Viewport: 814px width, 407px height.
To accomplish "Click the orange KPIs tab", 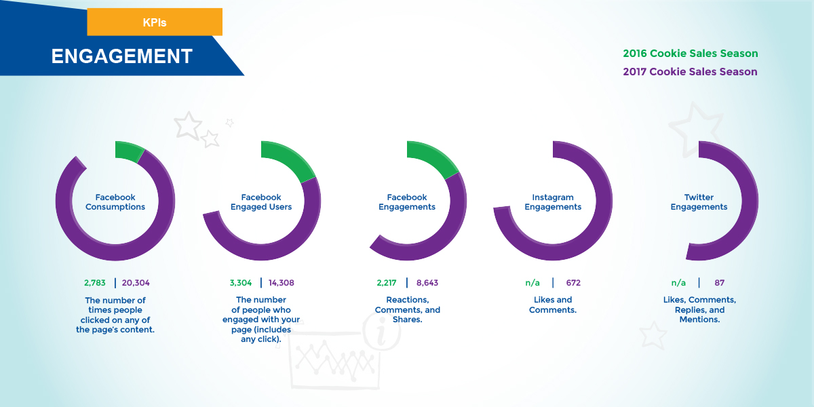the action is [x=155, y=22].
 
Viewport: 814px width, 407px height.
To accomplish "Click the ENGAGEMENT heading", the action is [x=121, y=56].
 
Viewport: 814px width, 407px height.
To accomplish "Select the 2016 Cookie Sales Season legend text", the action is [x=691, y=54].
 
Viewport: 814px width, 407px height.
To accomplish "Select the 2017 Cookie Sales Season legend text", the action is [x=690, y=72].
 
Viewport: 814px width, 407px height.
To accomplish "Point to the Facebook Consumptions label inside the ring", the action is [x=115, y=202].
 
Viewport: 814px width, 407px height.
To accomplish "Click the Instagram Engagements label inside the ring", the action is [x=553, y=202].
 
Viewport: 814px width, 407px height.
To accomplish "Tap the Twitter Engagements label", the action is [x=699, y=202].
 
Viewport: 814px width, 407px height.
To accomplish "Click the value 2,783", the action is [x=95, y=283].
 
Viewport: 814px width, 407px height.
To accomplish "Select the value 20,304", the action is [x=136, y=283].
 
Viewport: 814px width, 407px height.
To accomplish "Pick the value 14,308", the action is [x=282, y=283].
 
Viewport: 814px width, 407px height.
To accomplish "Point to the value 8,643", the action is [x=427, y=283].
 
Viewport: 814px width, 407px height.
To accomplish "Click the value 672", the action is [x=573, y=283].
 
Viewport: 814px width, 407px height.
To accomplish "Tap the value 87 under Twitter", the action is [x=720, y=283].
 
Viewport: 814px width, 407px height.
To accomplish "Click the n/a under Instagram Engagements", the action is [x=532, y=283].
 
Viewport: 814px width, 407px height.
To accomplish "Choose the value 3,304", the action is [x=241, y=283].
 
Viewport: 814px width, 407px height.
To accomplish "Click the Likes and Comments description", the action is [x=553, y=305].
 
